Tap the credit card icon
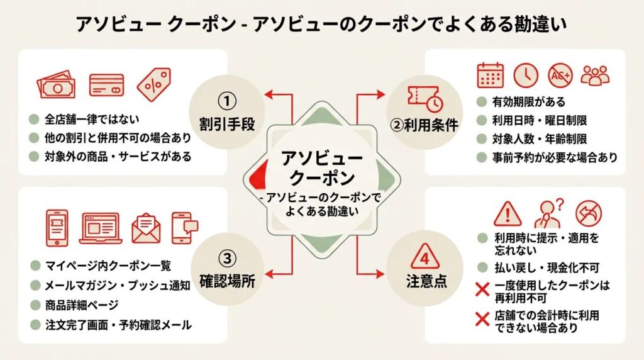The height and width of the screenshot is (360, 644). coord(106,86)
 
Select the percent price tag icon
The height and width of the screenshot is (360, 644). coord(153,84)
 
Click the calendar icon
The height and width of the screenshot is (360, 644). coord(490,75)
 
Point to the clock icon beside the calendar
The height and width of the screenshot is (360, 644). coord(526,76)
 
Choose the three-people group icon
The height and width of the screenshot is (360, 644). coord(594,76)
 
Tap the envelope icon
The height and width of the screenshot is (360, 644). coord(146,227)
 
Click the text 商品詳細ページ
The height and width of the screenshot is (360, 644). coord(81,305)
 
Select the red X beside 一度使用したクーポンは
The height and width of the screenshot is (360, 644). coord(482,290)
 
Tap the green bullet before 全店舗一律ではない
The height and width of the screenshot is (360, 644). coord(33,118)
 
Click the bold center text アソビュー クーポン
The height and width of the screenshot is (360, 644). coord(321,166)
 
